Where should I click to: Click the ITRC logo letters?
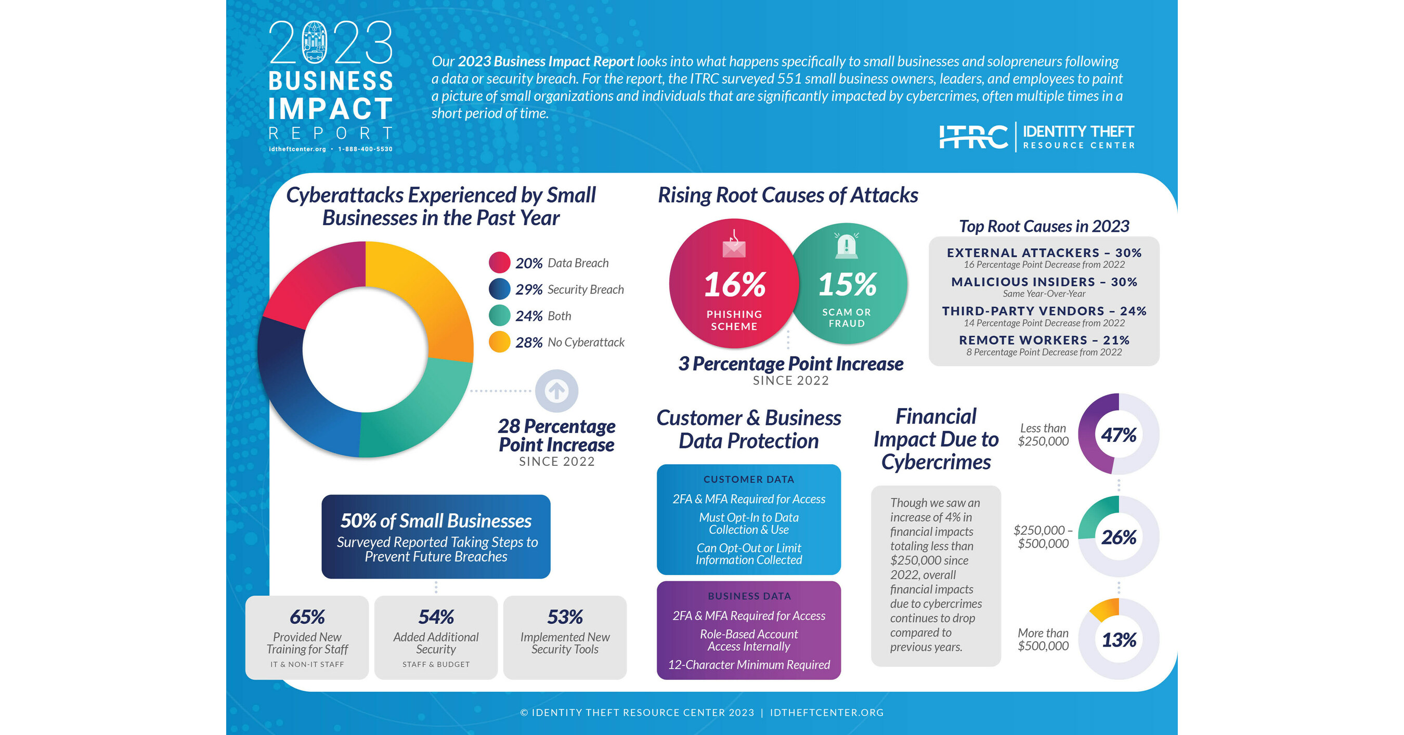973,137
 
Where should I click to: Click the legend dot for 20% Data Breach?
499,262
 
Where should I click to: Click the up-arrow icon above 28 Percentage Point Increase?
556,391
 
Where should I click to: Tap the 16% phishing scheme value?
734,285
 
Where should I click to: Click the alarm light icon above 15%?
846,246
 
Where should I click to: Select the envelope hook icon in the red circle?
734,245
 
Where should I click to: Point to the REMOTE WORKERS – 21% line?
1044,340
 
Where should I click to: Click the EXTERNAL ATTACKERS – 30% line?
1044,253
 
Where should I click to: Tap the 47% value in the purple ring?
1119,435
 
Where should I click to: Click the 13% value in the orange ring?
1119,640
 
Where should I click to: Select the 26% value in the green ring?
1119,537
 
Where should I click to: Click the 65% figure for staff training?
307,617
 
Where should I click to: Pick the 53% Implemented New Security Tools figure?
565,617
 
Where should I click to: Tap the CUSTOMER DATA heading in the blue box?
748,479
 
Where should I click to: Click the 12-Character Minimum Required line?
748,665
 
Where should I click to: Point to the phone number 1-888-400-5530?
365,149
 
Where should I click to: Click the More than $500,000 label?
1043,640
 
